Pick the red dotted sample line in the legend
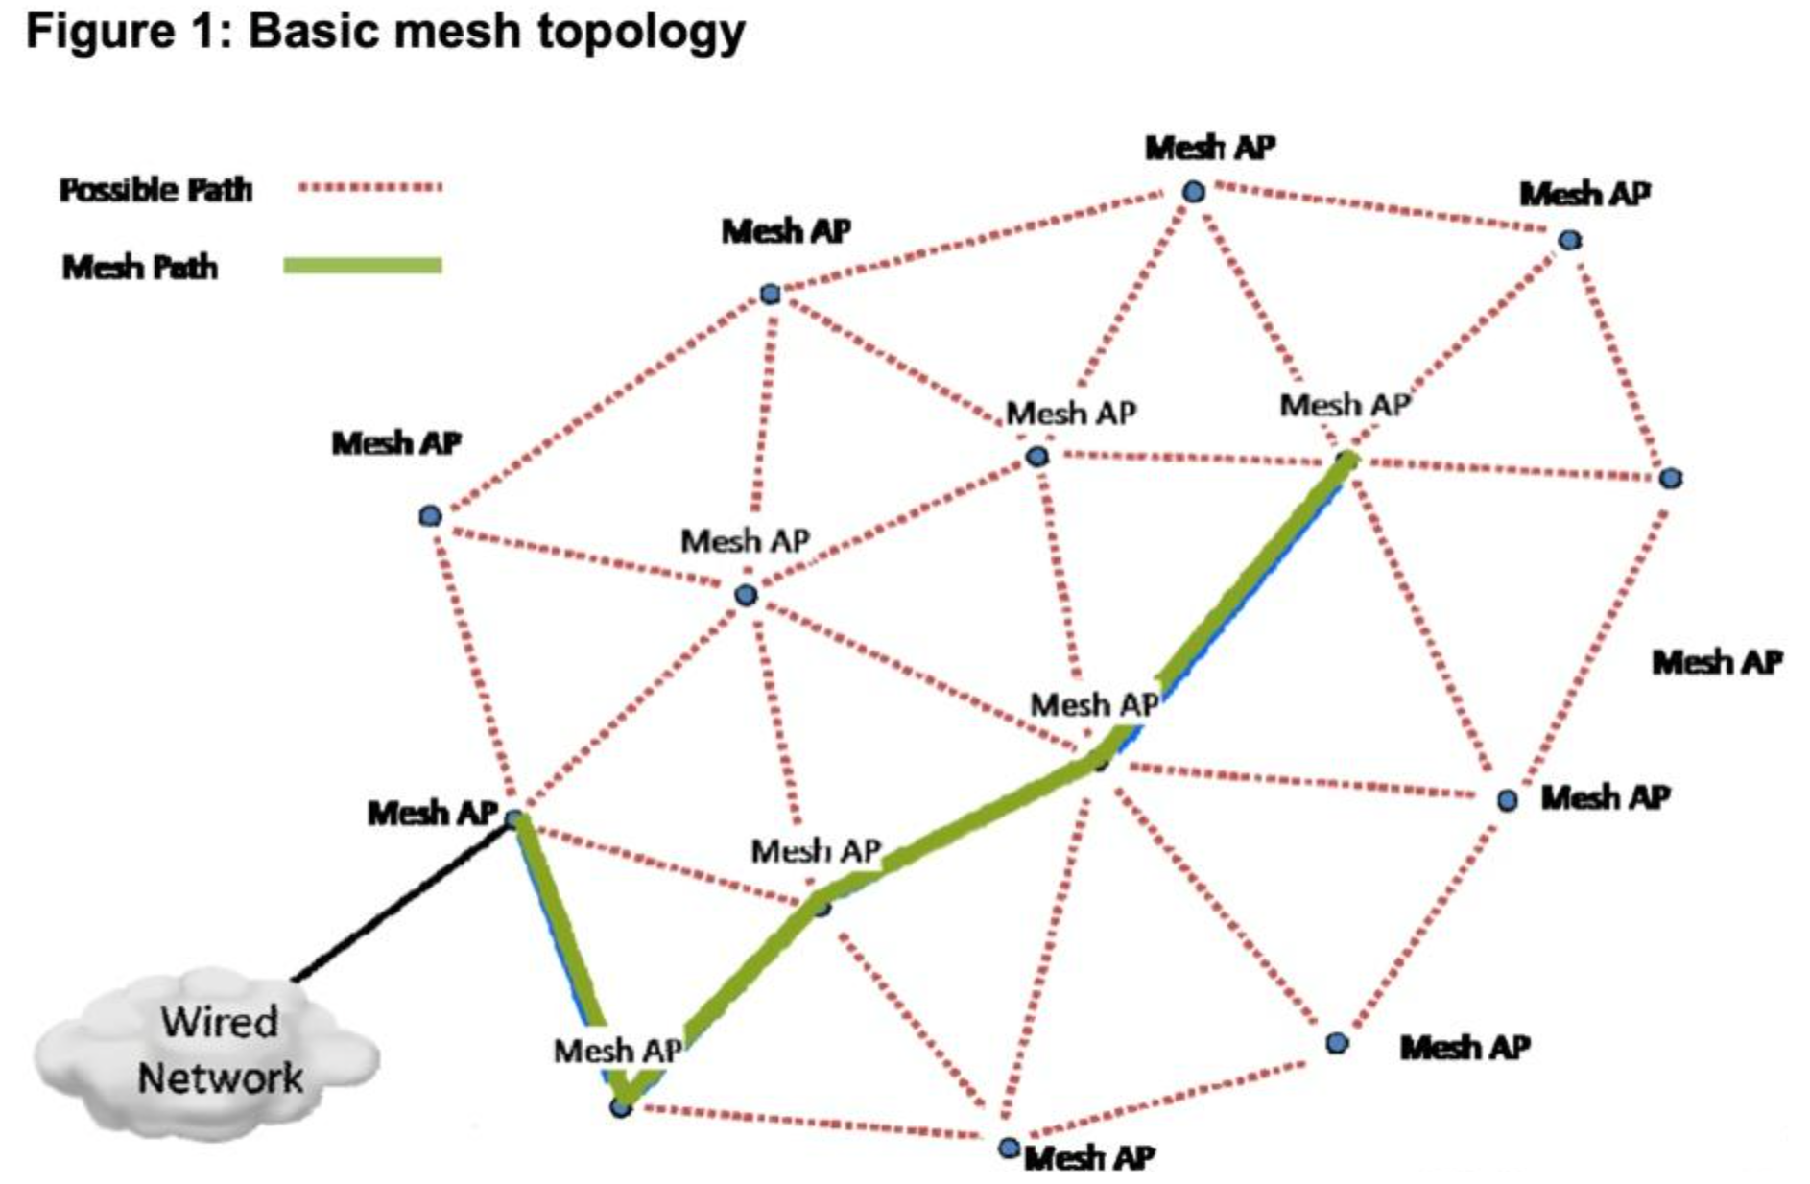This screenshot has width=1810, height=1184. click(369, 187)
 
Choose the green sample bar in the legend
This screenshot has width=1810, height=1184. click(363, 265)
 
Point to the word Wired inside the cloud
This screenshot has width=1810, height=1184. click(219, 1021)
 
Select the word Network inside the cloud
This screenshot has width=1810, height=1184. click(220, 1077)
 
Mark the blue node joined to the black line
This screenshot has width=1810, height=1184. click(514, 819)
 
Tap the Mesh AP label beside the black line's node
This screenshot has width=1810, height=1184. click(432, 814)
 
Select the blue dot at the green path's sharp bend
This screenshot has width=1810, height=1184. click(621, 1107)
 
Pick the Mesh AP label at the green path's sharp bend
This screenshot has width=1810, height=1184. click(617, 1051)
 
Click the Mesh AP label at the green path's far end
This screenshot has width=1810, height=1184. click(1345, 405)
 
